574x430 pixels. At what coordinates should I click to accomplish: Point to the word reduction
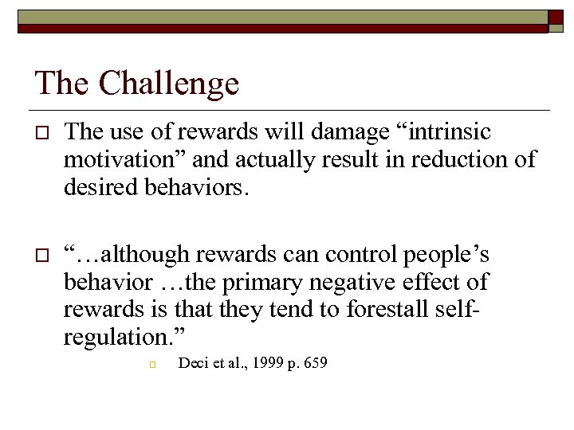pos(454,159)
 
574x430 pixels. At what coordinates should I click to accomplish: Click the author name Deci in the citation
pos(193,364)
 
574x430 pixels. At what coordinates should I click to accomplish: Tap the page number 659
pos(313,364)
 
